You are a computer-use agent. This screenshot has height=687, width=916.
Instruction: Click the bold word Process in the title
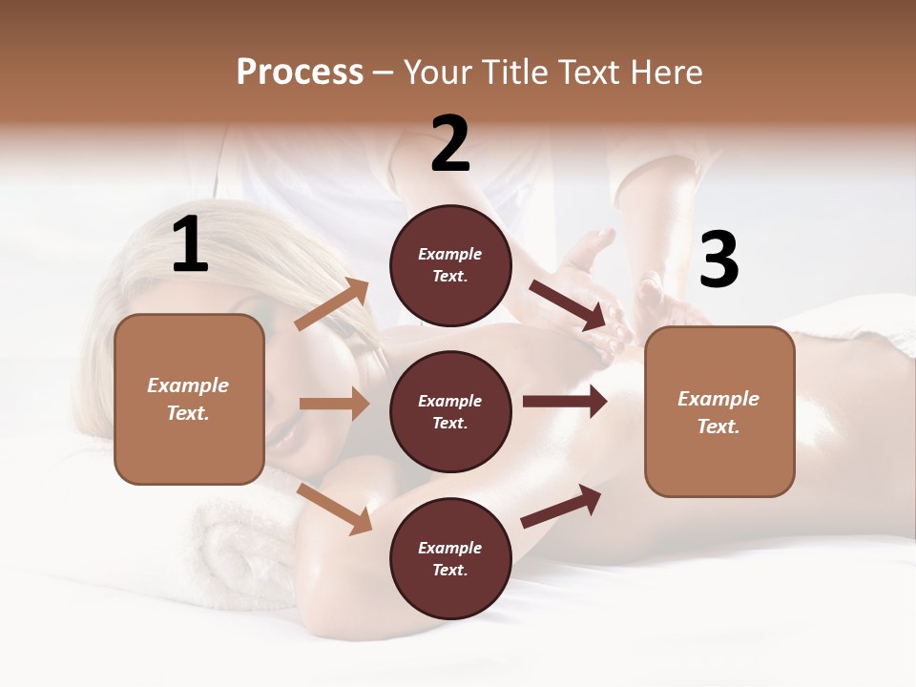pyautogui.click(x=300, y=72)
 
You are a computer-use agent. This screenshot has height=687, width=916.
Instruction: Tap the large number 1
pyautogui.click(x=190, y=245)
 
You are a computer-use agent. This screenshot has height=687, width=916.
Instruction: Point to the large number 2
pyautogui.click(x=450, y=144)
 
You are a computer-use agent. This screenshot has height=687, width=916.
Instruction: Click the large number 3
pyautogui.click(x=719, y=260)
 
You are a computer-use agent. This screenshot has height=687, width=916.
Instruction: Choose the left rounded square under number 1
pyautogui.click(x=189, y=399)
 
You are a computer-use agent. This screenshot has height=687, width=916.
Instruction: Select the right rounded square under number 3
pyautogui.click(x=719, y=411)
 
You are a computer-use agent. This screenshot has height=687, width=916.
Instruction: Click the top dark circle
pyautogui.click(x=450, y=265)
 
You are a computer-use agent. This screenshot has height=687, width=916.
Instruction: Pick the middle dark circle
pyautogui.click(x=450, y=411)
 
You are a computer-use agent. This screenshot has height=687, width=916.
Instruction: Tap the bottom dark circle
pyautogui.click(x=450, y=558)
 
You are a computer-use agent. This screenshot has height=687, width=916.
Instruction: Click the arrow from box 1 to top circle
pyautogui.click(x=332, y=304)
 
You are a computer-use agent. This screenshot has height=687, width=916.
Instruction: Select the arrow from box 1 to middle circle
pyautogui.click(x=334, y=404)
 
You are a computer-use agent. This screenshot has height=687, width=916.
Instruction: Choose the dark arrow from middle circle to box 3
pyautogui.click(x=565, y=401)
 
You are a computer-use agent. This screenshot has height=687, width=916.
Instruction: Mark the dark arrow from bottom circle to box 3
pyautogui.click(x=561, y=507)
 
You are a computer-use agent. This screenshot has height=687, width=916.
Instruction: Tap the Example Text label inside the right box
pyautogui.click(x=718, y=412)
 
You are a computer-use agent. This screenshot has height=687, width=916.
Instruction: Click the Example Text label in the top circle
pyautogui.click(x=450, y=265)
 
